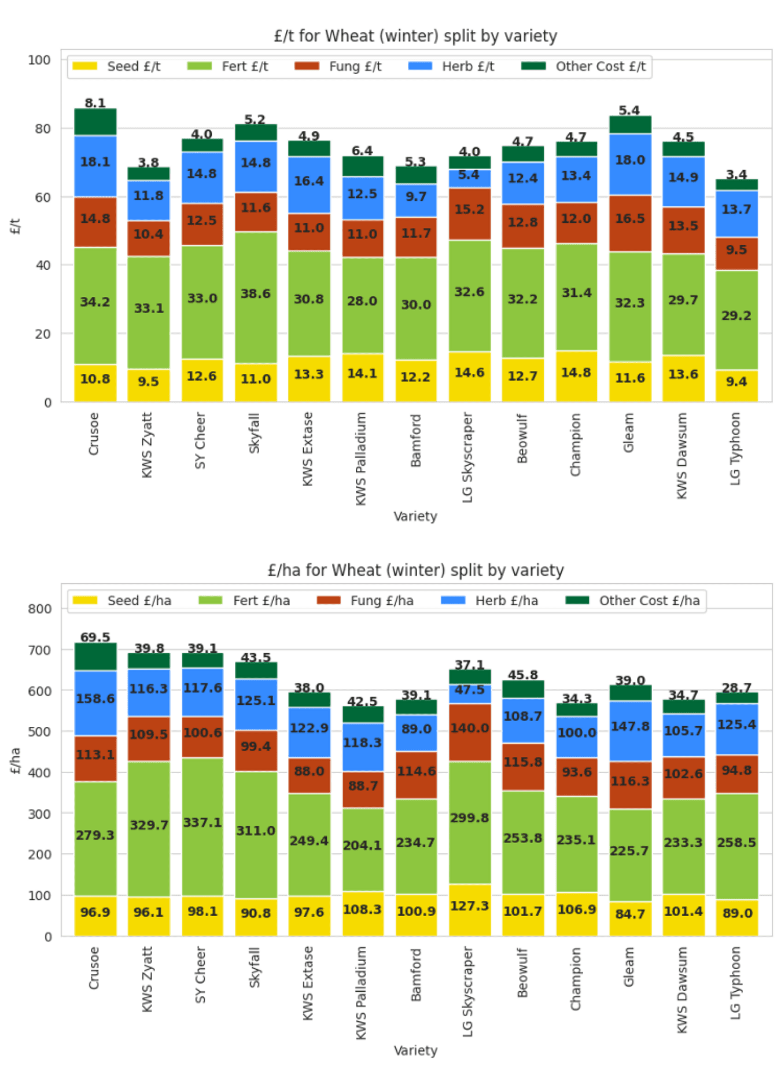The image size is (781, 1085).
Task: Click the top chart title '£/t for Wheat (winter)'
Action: (x=415, y=36)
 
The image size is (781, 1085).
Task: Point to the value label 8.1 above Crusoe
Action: (x=95, y=103)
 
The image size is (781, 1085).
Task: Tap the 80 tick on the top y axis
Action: (x=42, y=128)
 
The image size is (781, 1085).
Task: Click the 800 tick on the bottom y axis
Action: (x=39, y=609)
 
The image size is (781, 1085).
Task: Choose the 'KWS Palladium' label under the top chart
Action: (x=361, y=458)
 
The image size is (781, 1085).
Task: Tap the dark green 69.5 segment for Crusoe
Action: (x=95, y=657)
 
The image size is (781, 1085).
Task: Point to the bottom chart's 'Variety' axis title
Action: (x=415, y=1050)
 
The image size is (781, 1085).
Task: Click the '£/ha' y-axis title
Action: (x=16, y=760)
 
